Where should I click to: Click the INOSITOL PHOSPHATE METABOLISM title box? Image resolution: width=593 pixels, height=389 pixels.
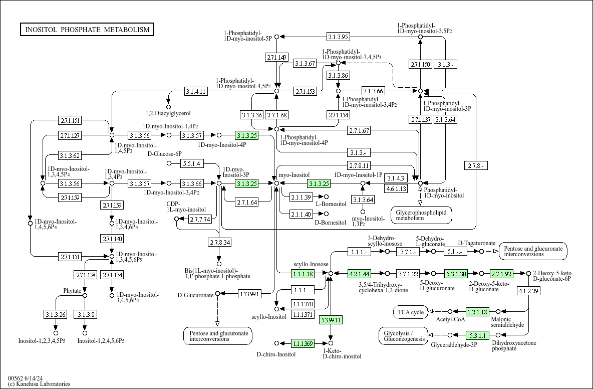coord(87,30)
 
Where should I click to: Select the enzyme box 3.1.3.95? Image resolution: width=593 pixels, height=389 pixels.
coord(338,37)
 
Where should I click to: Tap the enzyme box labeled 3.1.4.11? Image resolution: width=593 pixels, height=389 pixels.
coord(196,91)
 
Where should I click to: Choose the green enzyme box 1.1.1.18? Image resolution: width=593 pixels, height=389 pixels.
coord(303,274)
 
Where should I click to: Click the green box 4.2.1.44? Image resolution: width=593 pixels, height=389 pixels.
coord(359,274)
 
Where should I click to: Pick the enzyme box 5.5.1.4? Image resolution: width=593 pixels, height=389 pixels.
coord(192,163)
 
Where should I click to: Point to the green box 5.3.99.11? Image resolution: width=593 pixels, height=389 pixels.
coord(331,320)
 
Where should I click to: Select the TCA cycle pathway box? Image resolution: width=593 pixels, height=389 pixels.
coord(411,312)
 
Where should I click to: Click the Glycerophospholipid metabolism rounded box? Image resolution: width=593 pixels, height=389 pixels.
coord(421,215)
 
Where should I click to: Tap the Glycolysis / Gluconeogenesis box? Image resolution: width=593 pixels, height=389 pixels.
coord(404,336)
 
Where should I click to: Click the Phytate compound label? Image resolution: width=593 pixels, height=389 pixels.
coord(72,291)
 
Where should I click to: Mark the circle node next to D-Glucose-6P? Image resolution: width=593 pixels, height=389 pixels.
coord(169,163)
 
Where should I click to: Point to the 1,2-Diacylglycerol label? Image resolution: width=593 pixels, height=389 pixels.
coord(168,113)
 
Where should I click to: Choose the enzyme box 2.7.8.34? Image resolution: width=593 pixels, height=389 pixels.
coord(219,242)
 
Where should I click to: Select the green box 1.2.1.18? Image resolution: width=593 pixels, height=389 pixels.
coord(477,312)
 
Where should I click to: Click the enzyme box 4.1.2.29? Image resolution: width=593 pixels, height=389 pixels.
coord(528,291)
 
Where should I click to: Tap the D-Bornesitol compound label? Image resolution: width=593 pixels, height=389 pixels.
coord(331,223)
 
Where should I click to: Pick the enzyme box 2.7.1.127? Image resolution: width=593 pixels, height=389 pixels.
coord(70,135)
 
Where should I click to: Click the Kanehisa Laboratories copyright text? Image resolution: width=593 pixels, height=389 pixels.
coord(39,383)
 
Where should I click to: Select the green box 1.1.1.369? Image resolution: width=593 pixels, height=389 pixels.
coord(303,343)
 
